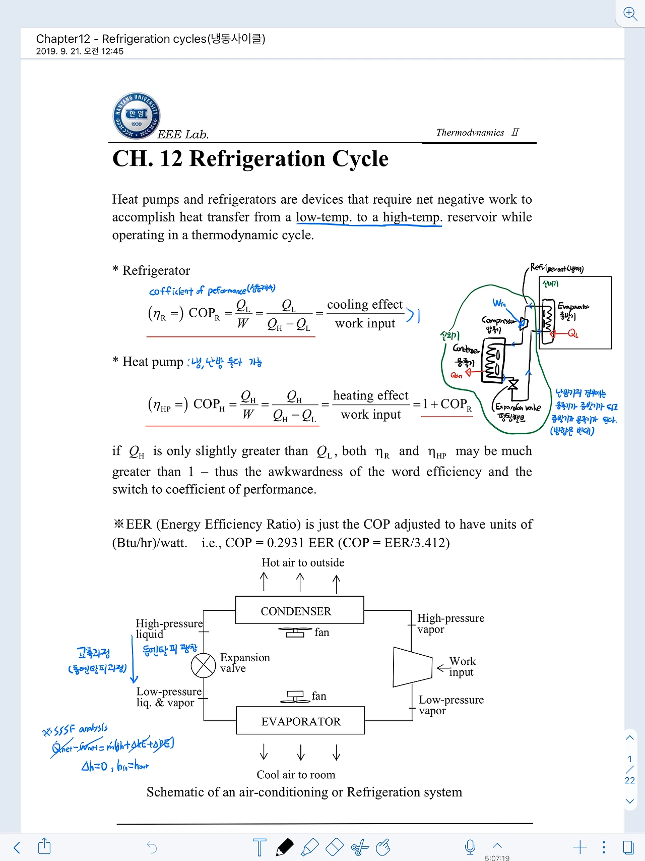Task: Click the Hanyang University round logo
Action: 136,116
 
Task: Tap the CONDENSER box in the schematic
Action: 299,610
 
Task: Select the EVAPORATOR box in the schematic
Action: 300,721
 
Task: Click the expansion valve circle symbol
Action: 203,665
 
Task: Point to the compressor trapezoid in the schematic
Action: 412,667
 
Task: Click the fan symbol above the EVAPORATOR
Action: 295,697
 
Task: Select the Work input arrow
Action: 443,668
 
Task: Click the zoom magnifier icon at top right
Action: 630,13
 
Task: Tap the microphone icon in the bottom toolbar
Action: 470,847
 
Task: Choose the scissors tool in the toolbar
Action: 360,847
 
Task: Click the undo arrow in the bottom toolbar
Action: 152,847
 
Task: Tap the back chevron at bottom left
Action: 17,847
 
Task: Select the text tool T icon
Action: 260,847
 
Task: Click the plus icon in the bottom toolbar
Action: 580,847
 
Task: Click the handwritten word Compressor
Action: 498,320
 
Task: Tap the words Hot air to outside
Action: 303,562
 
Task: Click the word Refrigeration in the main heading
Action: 257,159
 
